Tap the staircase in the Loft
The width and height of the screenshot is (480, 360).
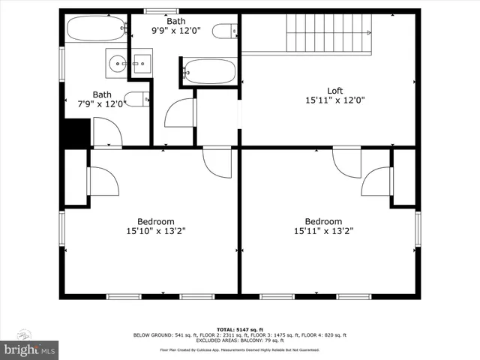click(x=328, y=34)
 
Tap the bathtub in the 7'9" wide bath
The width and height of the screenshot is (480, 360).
click(x=96, y=31)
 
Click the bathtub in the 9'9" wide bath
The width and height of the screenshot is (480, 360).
click(x=209, y=71)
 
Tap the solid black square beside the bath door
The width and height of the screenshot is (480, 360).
click(x=76, y=134)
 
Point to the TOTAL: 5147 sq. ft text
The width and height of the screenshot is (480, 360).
click(x=239, y=329)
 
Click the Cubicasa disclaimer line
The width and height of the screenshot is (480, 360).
click(x=239, y=349)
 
